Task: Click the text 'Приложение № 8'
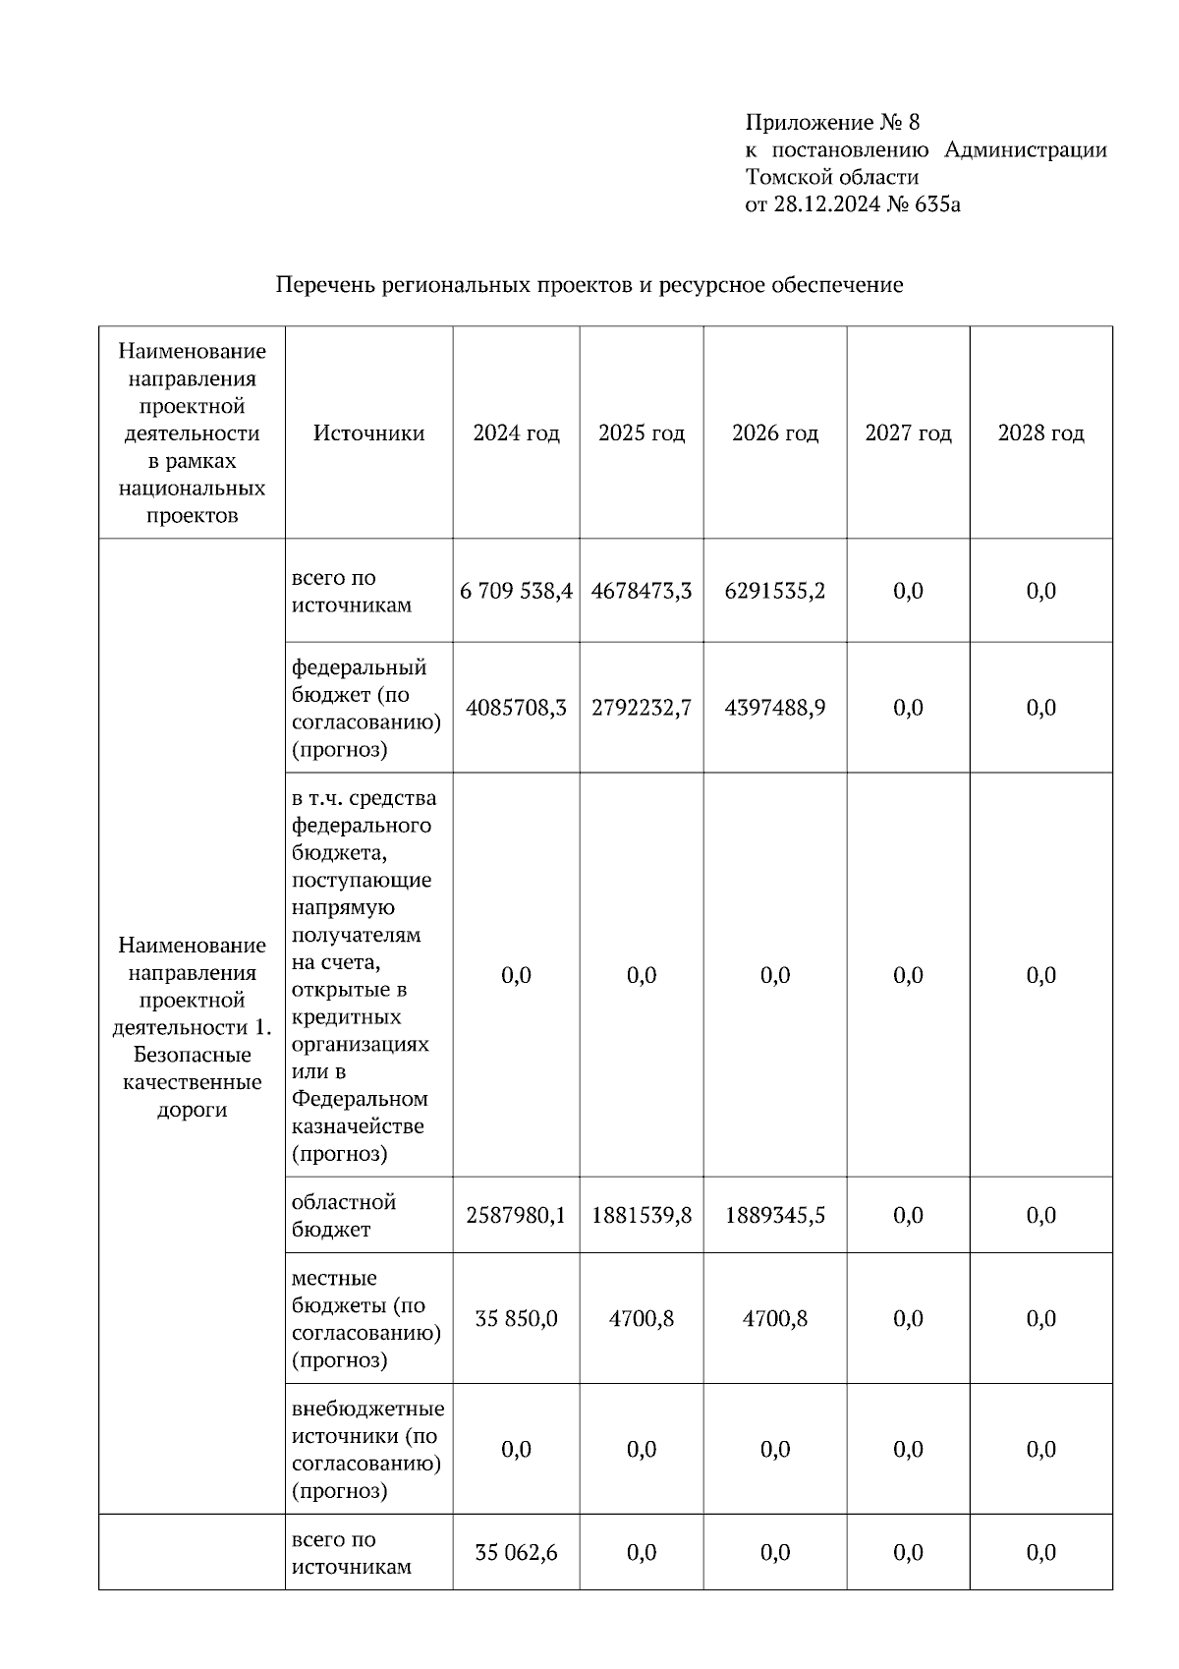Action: pyautogui.click(x=832, y=123)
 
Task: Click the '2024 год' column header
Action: pyautogui.click(x=516, y=433)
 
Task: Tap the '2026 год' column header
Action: pyautogui.click(x=774, y=433)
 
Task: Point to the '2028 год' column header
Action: pyautogui.click(x=1040, y=433)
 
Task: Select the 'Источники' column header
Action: pyautogui.click(x=368, y=433)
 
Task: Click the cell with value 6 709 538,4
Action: pyautogui.click(x=516, y=591)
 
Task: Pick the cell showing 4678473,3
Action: pyautogui.click(x=641, y=591)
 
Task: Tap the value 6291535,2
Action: pyautogui.click(x=774, y=591)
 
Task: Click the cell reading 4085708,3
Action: pyautogui.click(x=516, y=708)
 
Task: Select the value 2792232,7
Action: pyautogui.click(x=641, y=708)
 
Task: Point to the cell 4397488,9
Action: pyautogui.click(x=774, y=708)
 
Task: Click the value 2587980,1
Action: pyautogui.click(x=516, y=1216)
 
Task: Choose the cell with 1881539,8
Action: pyautogui.click(x=641, y=1216)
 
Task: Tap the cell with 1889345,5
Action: pyautogui.click(x=774, y=1216)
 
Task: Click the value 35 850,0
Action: pyautogui.click(x=516, y=1319)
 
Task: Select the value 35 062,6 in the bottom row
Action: pyautogui.click(x=516, y=1553)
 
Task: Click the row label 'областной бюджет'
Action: pyautogui.click(x=343, y=1216)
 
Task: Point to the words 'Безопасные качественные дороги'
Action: pyautogui.click(x=192, y=1082)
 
